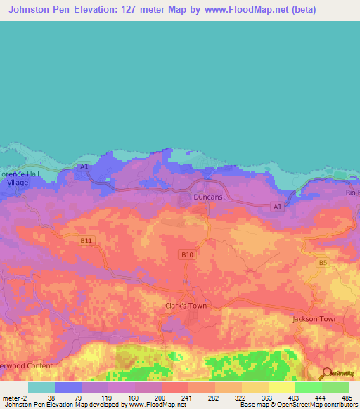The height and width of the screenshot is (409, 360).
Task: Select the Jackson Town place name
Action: (x=315, y=318)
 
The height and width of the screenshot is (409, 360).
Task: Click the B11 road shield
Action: (x=86, y=240)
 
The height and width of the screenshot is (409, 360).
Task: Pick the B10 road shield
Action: (x=187, y=254)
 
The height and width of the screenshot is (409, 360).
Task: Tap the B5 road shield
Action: (x=323, y=263)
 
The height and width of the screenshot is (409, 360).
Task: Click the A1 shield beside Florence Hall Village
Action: (x=84, y=167)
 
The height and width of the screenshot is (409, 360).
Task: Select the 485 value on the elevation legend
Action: (x=346, y=398)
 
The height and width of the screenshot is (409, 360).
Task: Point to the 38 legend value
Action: (x=51, y=398)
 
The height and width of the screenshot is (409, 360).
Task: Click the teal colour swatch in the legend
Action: (x=41, y=387)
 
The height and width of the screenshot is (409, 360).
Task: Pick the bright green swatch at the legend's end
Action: (x=335, y=387)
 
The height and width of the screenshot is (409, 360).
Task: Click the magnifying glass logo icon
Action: (x=325, y=374)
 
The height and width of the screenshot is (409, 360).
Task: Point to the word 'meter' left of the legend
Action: (x=12, y=398)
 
